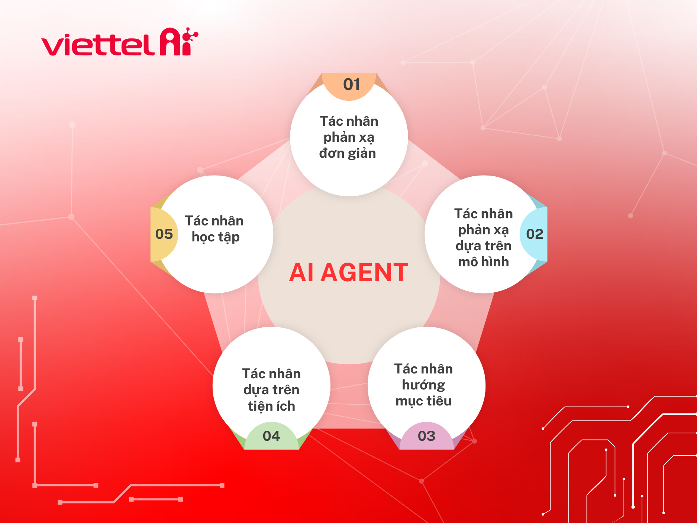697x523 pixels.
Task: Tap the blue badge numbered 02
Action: (534, 234)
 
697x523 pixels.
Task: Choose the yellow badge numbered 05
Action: (164, 234)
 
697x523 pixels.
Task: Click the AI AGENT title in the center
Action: (349, 273)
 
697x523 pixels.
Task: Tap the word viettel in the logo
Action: (98, 45)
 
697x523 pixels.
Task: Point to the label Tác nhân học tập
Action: (214, 229)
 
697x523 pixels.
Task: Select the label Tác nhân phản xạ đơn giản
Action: (348, 137)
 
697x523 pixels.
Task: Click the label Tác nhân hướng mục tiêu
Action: (423, 385)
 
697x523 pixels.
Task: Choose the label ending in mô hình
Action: (484, 238)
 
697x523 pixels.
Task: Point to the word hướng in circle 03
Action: (423, 385)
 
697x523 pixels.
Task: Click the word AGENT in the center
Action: (364, 273)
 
